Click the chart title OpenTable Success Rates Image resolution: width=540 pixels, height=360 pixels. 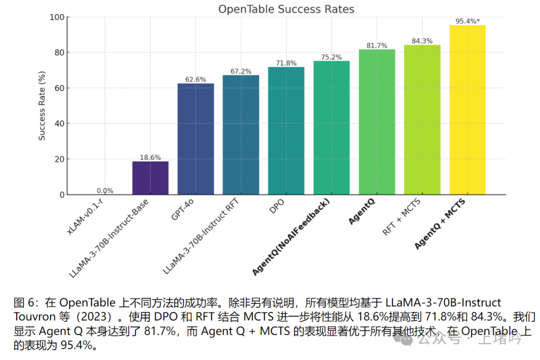(x=286, y=9)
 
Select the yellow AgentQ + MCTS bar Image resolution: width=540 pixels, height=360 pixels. (x=467, y=110)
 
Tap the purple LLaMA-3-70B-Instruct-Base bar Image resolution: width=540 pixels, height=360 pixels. (x=150, y=178)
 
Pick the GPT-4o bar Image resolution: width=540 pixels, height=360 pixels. (x=195, y=139)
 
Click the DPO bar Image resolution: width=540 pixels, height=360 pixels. (x=286, y=131)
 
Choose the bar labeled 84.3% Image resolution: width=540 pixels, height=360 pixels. (x=422, y=120)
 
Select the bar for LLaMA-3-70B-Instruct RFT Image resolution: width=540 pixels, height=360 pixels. (x=240, y=135)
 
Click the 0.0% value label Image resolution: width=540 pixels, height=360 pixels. (x=105, y=190)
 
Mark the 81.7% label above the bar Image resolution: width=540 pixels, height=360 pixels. (x=376, y=45)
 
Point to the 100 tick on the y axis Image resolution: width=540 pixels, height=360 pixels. (x=57, y=17)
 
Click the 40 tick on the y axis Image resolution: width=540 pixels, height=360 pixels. (x=59, y=123)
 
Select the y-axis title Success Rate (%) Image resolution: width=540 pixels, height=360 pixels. (x=42, y=105)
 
